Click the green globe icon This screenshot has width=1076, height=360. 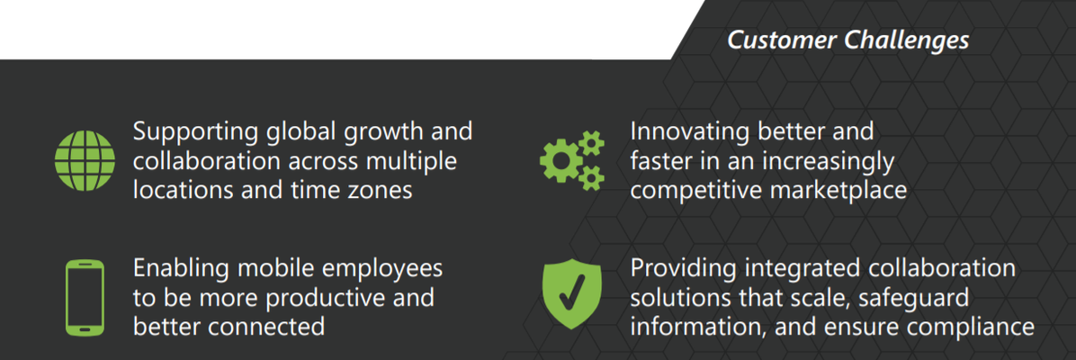pyautogui.click(x=85, y=161)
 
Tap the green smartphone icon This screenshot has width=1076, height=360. pyautogui.click(x=85, y=298)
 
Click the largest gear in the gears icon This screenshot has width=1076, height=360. pyautogui.click(x=560, y=161)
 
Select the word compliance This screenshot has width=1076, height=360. pyautogui.click(x=967, y=327)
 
